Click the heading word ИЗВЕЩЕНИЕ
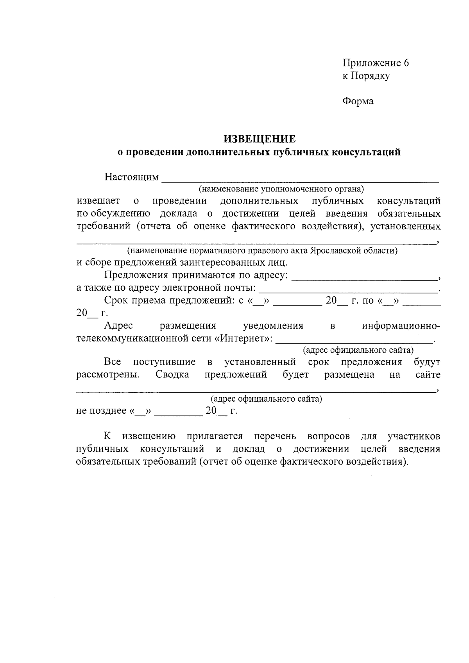[x=260, y=139]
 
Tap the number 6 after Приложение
[x=406, y=63]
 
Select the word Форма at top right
[x=358, y=101]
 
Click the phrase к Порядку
[x=366, y=76]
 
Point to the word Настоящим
[x=131, y=177]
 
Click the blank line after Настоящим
[x=300, y=180]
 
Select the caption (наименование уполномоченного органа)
[x=281, y=189]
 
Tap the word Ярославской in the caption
[x=338, y=251]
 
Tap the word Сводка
[x=172, y=375]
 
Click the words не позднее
[x=101, y=411]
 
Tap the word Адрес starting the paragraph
[x=118, y=325]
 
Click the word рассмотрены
[x=107, y=375]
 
